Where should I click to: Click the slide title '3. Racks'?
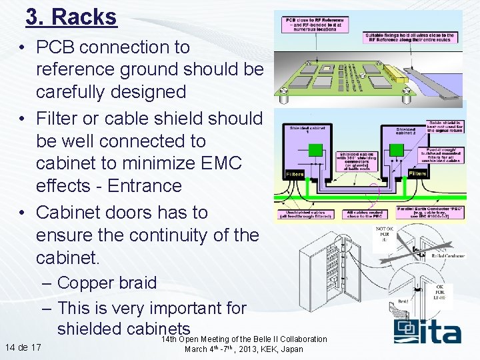coord(71,17)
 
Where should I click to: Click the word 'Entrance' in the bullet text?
coord(145,186)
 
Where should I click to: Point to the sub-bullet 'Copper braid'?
coord(107,283)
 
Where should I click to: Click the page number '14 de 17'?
coord(23,347)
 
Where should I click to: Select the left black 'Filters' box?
coord(294,174)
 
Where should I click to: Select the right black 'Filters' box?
coord(417,173)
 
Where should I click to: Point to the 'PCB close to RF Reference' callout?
coord(316,24)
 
